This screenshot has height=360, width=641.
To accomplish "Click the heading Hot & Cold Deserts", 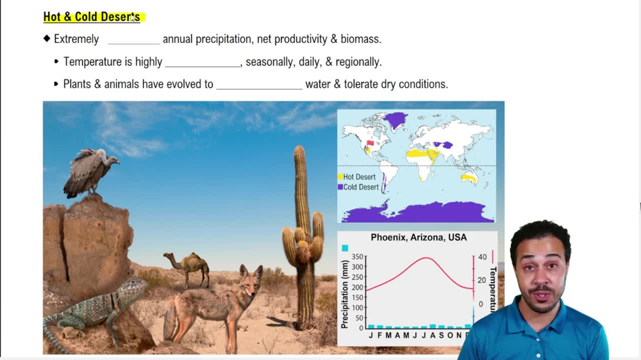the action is coord(92,17).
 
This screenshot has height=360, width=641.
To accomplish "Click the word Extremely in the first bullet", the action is coord(76,39).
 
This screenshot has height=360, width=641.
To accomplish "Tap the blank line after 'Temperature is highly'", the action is coord(203,66).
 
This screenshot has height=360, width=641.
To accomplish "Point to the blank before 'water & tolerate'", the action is coord(259,88).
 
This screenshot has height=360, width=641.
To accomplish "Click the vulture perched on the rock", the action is coord(90,172).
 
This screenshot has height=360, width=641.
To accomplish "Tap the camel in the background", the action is coord(188,268).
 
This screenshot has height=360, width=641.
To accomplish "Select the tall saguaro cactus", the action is coord(303,237).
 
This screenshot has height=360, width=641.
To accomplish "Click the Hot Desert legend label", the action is coord(359,177).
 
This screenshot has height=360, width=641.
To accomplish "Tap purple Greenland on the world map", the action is coord(394,120).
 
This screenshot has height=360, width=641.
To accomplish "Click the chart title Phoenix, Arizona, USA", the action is coord(419,238).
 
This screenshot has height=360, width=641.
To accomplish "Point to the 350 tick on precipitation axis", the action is coord(357,257).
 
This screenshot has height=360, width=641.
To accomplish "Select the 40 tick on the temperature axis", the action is coord(483,257).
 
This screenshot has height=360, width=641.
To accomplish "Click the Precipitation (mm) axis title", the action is coord(345,294).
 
